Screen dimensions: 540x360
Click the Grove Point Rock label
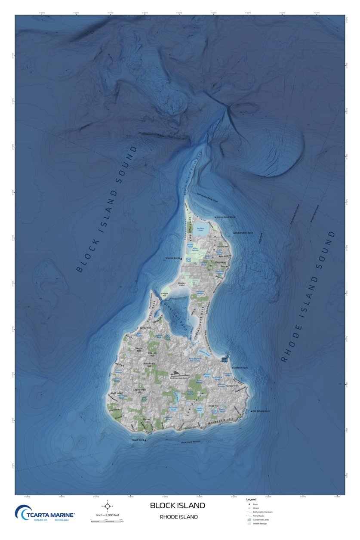226,217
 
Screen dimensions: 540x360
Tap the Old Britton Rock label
244,233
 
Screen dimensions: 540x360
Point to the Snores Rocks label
172,258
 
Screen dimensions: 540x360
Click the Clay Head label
220,262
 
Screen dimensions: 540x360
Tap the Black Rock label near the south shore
138,440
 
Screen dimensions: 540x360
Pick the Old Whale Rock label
262,411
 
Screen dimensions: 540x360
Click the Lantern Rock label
241,368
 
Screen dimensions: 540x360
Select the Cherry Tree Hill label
139,391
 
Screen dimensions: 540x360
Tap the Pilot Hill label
213,406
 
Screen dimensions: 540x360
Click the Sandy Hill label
145,328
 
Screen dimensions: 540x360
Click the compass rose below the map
108,506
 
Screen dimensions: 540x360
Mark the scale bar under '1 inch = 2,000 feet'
107,521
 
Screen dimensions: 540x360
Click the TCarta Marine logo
45,513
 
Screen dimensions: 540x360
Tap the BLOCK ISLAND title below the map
177,506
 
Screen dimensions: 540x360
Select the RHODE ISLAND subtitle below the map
178,517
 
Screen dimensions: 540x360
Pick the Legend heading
251,499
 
